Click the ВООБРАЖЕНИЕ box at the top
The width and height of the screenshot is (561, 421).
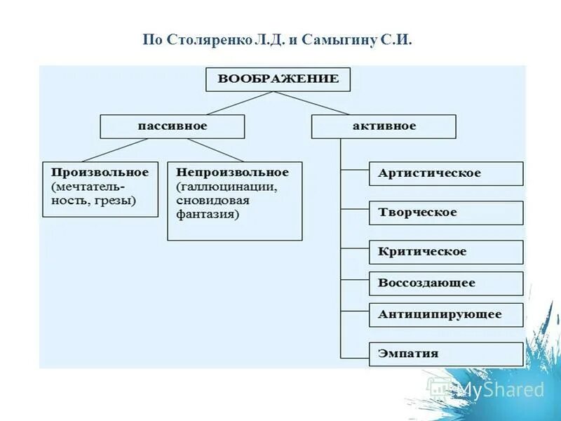[278, 79]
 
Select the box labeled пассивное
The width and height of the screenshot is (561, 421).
[173, 126]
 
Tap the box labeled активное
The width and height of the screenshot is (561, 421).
[384, 126]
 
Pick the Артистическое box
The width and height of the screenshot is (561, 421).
[446, 173]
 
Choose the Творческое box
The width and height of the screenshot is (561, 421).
[446, 213]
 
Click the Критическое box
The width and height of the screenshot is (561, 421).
[446, 252]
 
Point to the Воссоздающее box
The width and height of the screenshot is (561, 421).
[446, 283]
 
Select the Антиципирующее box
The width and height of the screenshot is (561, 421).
[446, 315]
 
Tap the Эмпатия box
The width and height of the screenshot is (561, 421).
[446, 354]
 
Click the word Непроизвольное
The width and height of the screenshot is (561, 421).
[232, 172]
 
